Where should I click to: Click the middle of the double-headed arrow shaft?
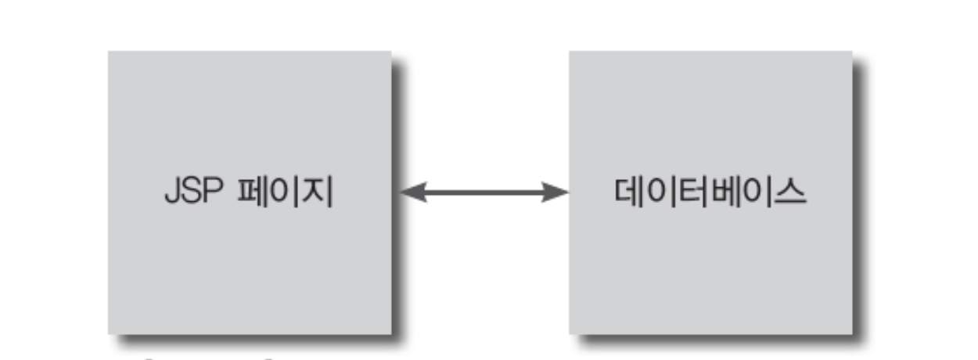484,192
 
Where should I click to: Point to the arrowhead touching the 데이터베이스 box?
556,192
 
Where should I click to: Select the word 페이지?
285,193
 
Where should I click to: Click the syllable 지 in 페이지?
318,193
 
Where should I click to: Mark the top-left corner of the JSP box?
109,52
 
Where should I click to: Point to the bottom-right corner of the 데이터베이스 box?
851,334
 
